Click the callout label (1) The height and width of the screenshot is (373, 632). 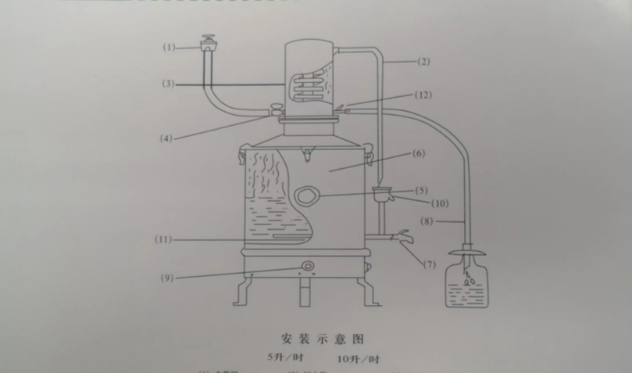click(170, 47)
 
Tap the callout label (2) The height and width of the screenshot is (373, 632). click(423, 61)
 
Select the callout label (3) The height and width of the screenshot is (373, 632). click(169, 83)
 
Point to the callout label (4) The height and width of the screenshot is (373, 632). click(166, 138)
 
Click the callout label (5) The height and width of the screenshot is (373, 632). click(422, 190)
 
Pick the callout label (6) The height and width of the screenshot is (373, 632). click(419, 154)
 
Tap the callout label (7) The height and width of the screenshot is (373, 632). click(430, 264)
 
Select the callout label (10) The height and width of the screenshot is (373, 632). click(441, 204)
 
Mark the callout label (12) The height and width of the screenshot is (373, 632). click(423, 95)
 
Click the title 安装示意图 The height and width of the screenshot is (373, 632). click(323, 339)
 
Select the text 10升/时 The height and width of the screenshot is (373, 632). click(359, 360)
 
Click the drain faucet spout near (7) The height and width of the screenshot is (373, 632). click(404, 237)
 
